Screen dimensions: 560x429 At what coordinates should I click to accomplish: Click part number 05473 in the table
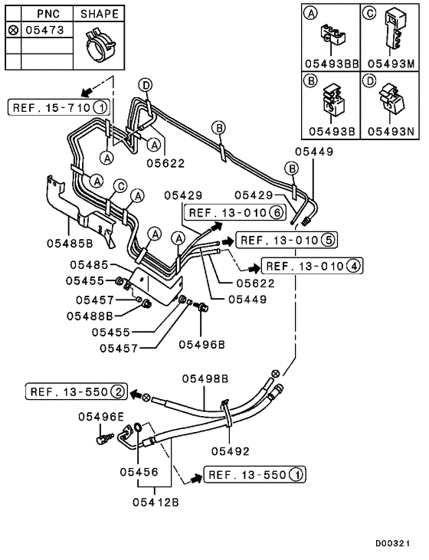(38, 31)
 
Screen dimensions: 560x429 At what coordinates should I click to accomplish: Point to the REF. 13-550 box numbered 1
(255, 475)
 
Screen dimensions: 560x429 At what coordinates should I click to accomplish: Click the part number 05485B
(71, 243)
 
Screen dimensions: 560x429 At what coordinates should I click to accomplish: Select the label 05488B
(90, 316)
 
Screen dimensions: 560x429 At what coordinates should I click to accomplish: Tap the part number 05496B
(202, 345)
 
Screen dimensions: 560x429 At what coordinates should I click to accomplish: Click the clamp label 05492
(230, 451)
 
